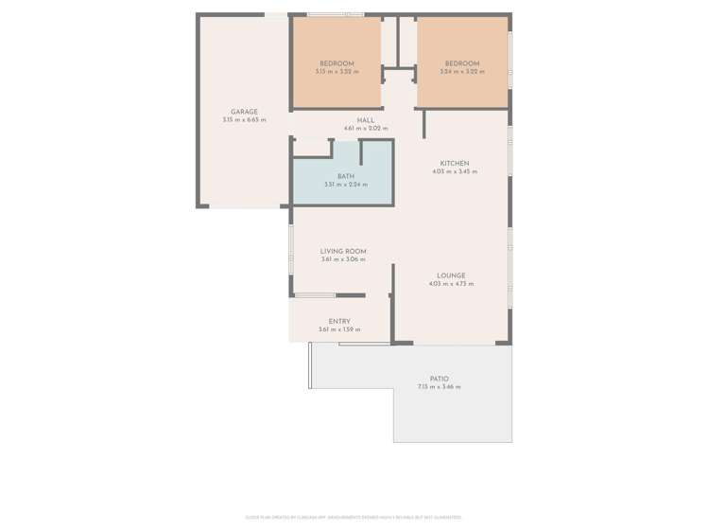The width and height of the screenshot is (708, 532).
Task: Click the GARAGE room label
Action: (244, 112)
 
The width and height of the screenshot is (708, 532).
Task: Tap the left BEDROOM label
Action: (337, 63)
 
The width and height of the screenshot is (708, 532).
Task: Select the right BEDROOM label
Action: (461, 63)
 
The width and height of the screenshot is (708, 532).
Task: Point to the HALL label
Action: (366, 120)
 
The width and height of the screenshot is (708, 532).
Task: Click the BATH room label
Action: (346, 176)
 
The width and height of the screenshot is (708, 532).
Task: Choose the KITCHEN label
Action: (455, 164)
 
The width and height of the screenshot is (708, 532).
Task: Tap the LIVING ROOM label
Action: (343, 252)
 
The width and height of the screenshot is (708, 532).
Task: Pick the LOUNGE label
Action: (451, 276)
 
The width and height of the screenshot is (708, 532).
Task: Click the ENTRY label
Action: (339, 322)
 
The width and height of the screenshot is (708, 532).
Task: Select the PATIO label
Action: (440, 380)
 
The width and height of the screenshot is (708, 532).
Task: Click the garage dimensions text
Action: (244, 120)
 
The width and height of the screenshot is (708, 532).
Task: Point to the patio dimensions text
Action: (440, 387)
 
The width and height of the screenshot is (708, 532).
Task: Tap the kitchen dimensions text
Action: (455, 171)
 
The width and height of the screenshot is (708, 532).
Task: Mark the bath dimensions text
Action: (346, 185)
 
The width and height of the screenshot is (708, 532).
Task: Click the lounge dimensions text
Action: (451, 284)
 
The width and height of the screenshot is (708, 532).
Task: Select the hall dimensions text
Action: (366, 128)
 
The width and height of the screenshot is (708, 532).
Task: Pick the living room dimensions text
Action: (343, 259)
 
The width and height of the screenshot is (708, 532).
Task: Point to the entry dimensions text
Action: (339, 329)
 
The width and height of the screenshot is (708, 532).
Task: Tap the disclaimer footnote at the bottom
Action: (354, 517)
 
